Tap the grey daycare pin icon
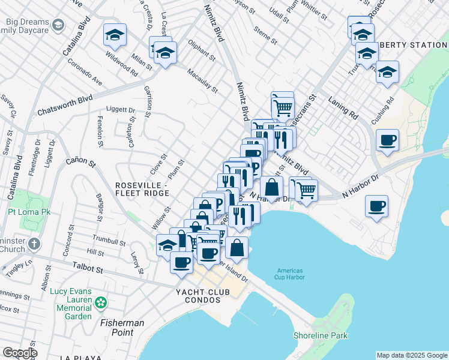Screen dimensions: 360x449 pos(58,25)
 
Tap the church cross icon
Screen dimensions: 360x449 pos(34,244)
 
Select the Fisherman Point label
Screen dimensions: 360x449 pos(122,328)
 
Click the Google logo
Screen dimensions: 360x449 pos(20,353)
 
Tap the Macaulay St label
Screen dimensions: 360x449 pos(202,81)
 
